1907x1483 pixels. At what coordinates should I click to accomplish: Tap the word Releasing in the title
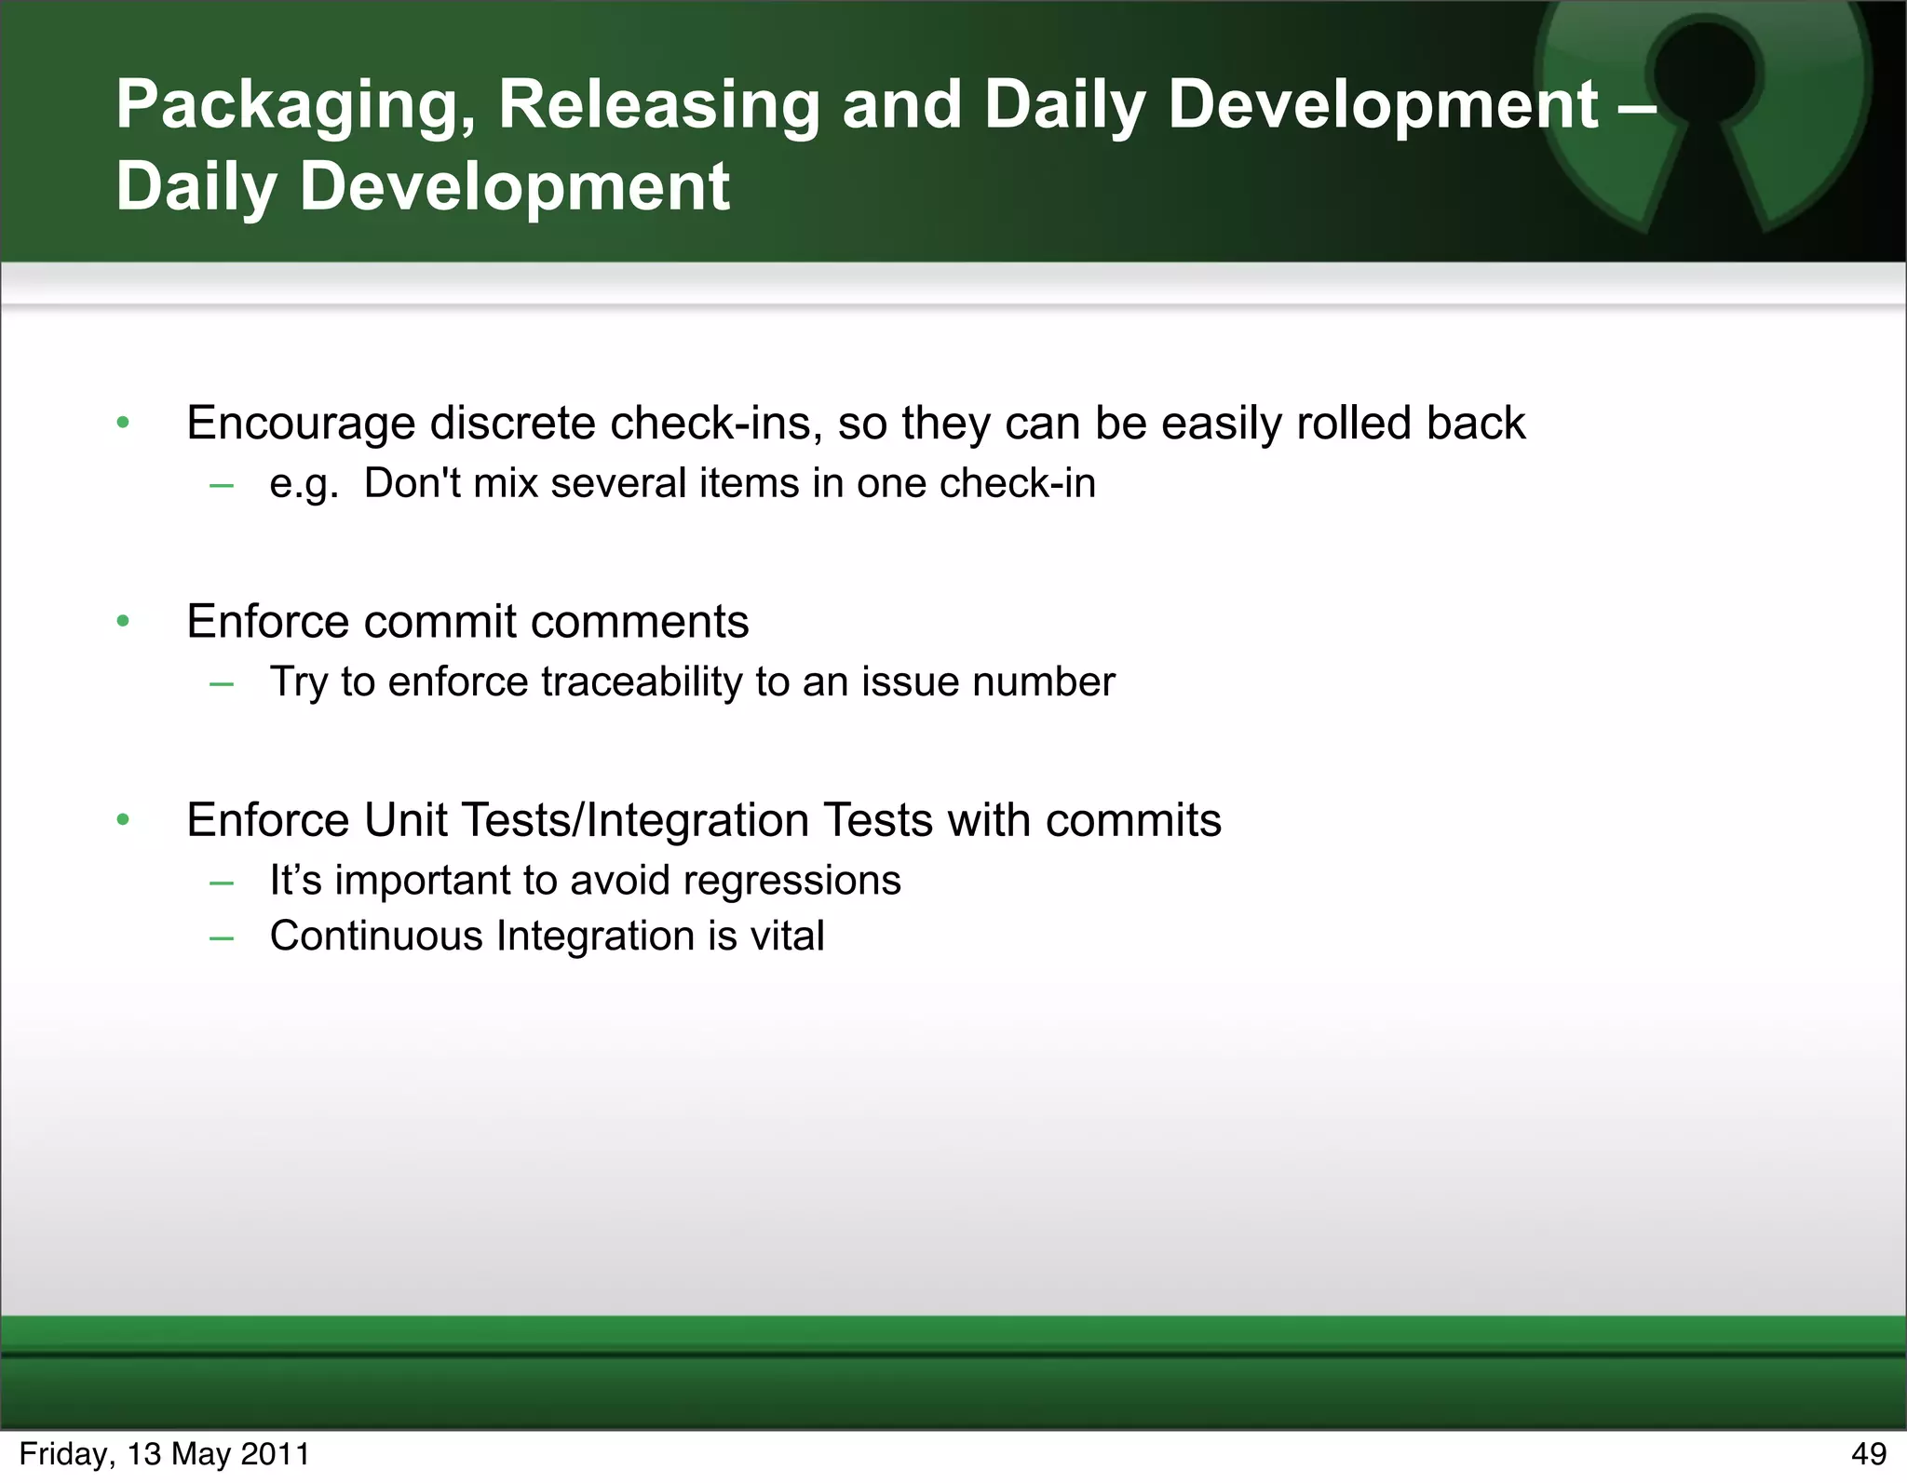pyautogui.click(x=657, y=106)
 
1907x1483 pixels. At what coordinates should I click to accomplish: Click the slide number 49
pyautogui.click(x=1868, y=1453)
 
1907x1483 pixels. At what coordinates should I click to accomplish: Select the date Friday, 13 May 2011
pyautogui.click(x=164, y=1453)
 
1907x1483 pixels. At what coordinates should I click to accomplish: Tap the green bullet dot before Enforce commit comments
pyautogui.click(x=123, y=621)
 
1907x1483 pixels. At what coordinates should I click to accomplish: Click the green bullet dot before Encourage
pyautogui.click(x=123, y=423)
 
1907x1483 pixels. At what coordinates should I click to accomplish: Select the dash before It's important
pyautogui.click(x=222, y=881)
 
